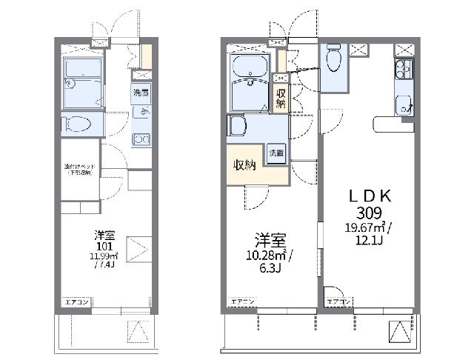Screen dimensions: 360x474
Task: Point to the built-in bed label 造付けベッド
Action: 77,169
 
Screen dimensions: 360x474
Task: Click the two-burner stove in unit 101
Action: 141,137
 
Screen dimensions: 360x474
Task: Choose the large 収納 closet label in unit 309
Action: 246,164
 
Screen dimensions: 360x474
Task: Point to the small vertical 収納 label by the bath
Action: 281,99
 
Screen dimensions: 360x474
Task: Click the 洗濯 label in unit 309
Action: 276,153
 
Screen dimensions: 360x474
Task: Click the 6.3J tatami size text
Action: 269,270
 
